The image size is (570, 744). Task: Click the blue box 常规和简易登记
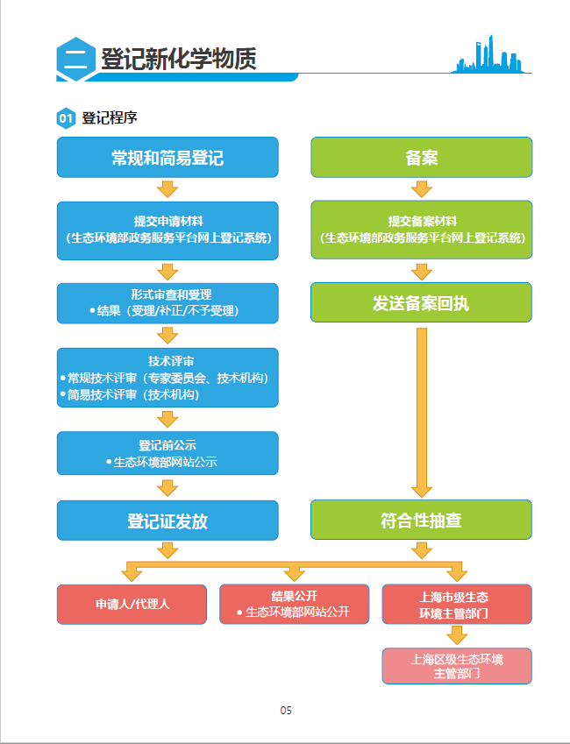tap(167, 158)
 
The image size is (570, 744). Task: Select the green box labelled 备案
tap(421, 158)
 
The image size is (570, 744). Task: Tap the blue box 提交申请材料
tap(167, 230)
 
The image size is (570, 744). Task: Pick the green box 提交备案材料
tap(421, 230)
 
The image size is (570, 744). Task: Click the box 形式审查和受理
tap(167, 302)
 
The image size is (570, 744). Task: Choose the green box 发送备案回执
tap(421, 303)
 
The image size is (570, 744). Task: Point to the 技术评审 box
tap(167, 378)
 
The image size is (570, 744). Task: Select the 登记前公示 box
tap(167, 453)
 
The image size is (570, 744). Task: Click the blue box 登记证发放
tap(167, 521)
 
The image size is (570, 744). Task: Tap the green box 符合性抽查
tap(421, 521)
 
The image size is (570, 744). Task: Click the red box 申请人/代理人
tap(132, 604)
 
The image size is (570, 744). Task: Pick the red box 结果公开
tap(294, 604)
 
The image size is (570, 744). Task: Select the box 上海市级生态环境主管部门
tap(456, 605)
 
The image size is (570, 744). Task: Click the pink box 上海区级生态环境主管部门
tap(456, 666)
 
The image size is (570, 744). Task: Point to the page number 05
tap(286, 710)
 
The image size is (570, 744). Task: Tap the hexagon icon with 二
tap(75, 59)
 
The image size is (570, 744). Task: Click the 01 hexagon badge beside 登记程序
tap(66, 118)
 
